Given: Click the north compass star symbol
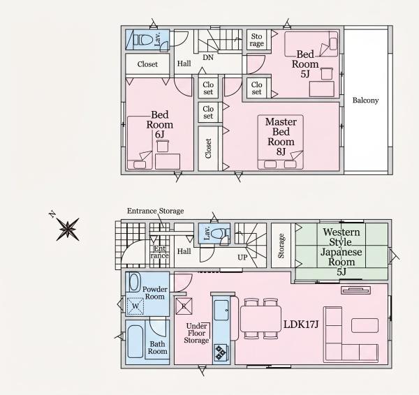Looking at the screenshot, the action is pos(68,229).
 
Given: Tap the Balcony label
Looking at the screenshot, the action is pos(365,100).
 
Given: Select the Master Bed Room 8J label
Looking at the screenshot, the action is pos(281,137).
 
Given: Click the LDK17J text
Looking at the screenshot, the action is pos(301,325).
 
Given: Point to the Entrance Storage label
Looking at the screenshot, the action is pos(155,211).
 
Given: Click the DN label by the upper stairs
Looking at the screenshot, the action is pos(208,57).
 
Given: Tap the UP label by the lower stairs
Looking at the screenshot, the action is pos(242,258).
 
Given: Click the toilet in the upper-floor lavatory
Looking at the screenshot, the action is pos(144,40).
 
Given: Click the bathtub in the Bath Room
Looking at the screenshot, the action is pos(135,341).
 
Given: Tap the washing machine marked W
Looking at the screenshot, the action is pos(135,306).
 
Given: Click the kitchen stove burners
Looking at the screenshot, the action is pos(221,352).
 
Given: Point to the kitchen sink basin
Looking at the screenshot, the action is pos(221,310).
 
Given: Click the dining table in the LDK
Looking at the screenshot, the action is pos(260,319).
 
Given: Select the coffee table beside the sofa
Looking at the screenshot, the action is pos(365,325).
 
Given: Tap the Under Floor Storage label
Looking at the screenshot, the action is pos(196,333).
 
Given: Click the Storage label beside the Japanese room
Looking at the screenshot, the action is pos(281,246).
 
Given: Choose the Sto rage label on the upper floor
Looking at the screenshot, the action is pos(256,40).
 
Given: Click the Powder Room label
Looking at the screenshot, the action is pos(155,292).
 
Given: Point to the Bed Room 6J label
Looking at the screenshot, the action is pos(159,125).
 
